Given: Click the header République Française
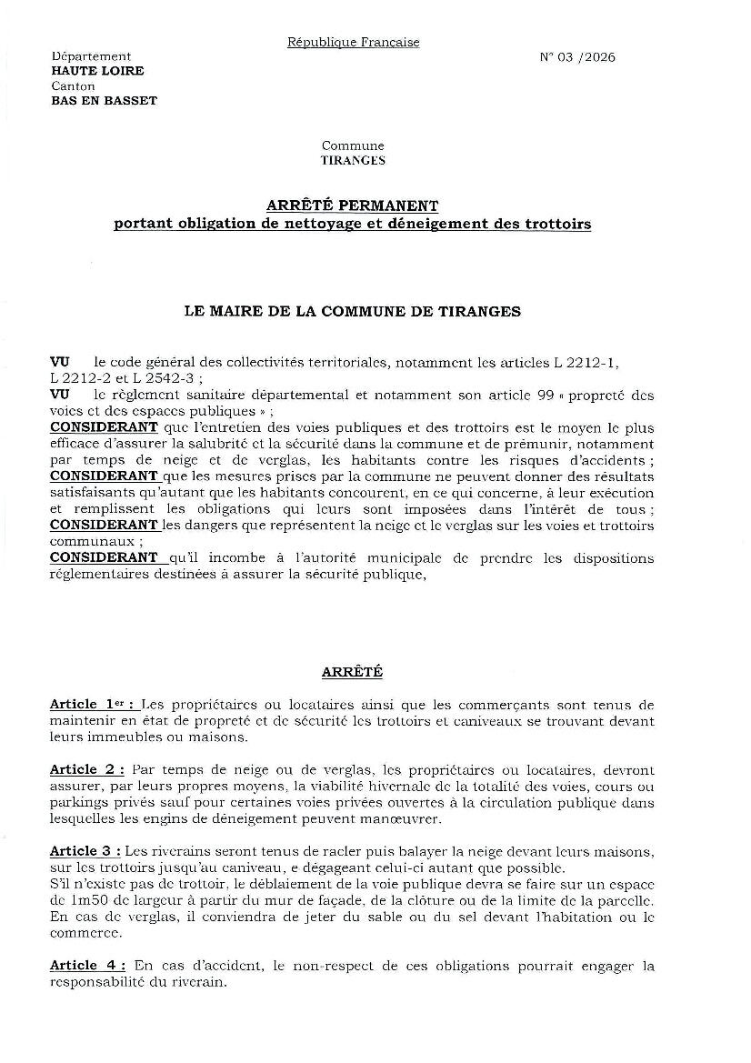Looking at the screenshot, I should click(x=353, y=42).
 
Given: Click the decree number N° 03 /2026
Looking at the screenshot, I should click(x=577, y=57).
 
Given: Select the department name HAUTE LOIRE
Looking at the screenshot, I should click(x=97, y=71).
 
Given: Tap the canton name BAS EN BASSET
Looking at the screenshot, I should click(x=104, y=101).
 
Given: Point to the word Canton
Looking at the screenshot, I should click(x=74, y=86).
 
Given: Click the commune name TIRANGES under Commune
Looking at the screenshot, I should click(x=353, y=160).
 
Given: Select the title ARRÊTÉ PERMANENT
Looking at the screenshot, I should click(x=353, y=206).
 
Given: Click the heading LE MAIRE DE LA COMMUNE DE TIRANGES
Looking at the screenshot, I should click(x=353, y=311).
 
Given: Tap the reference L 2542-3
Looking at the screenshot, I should click(x=160, y=377).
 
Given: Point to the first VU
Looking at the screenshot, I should click(x=60, y=363).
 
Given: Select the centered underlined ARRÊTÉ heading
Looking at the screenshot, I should click(x=353, y=672).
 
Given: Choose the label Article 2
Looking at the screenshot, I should click(x=87, y=770).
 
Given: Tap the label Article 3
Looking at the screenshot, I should click(x=86, y=851).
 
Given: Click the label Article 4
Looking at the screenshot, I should click(x=87, y=966).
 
